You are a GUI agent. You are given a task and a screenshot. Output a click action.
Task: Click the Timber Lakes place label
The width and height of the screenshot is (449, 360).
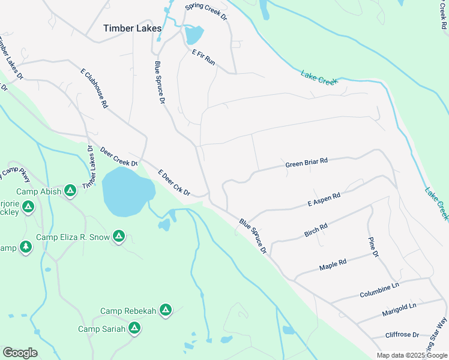pos(132,28)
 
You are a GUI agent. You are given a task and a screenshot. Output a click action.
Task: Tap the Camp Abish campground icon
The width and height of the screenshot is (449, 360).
pos(70,191)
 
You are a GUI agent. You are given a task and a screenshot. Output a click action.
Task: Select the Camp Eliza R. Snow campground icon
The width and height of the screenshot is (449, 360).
pos(119,236)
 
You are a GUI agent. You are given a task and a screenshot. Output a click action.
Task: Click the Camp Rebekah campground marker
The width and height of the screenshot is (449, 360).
pos(165,310)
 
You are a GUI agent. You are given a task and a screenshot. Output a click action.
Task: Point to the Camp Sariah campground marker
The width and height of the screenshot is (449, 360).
pos(134,328)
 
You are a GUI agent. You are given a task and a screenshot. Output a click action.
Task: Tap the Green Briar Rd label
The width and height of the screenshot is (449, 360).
pos(306,162)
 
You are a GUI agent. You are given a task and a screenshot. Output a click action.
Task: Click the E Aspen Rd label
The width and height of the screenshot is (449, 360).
pos(324,199)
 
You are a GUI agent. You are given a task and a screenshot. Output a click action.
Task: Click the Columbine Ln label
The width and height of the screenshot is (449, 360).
pos(379,291)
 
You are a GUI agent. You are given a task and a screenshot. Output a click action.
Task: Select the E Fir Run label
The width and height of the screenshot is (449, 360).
pos(203,57)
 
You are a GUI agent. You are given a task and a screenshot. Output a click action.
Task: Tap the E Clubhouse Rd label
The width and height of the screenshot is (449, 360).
pos(94,88)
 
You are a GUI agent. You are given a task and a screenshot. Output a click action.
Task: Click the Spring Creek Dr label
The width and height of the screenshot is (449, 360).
pos(207,11)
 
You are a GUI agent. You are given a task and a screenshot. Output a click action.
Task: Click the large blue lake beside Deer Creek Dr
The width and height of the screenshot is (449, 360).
pos(127,191)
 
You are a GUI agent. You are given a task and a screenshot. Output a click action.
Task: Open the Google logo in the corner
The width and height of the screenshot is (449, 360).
pos(20,353)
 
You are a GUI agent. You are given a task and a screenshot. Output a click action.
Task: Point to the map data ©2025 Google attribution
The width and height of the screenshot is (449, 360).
pos(411,355)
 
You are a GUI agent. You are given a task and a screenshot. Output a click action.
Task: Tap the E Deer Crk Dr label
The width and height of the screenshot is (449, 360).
pos(174,183)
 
